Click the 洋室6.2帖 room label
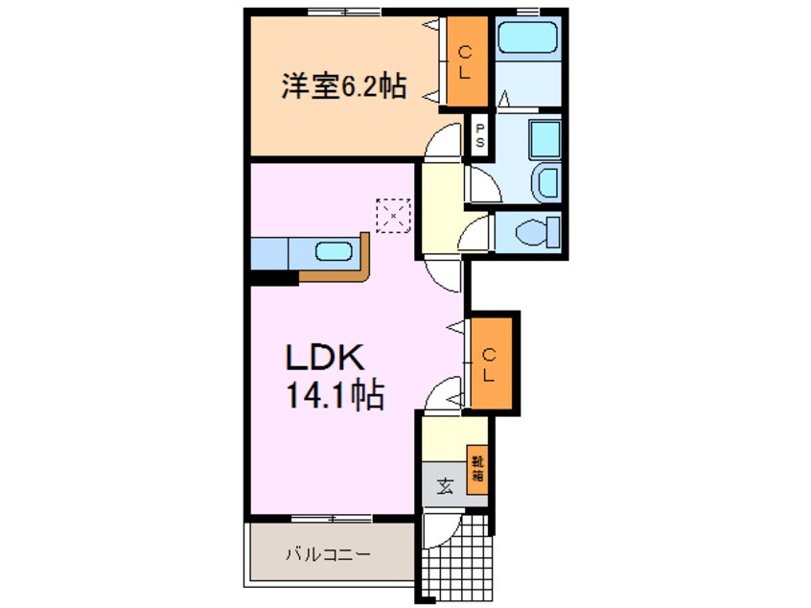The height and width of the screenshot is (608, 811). (343, 86)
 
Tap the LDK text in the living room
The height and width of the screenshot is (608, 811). (325, 357)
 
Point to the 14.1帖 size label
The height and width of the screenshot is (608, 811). (335, 395)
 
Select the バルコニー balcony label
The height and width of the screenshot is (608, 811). (329, 554)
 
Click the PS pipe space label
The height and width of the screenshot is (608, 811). (480, 134)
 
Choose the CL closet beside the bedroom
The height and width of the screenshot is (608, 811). (466, 61)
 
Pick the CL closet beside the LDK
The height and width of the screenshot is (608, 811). (489, 364)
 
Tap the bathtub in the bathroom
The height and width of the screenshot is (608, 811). (527, 36)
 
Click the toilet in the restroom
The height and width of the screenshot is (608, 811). (538, 231)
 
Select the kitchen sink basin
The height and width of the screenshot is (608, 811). (335, 252)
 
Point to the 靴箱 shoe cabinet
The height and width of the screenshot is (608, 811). (477, 469)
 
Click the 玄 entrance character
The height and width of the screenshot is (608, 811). (445, 486)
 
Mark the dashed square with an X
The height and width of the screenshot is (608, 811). (393, 215)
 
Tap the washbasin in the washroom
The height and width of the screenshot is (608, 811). (546, 181)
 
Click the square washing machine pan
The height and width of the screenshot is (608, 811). (545, 139)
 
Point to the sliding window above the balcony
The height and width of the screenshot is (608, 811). (332, 518)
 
